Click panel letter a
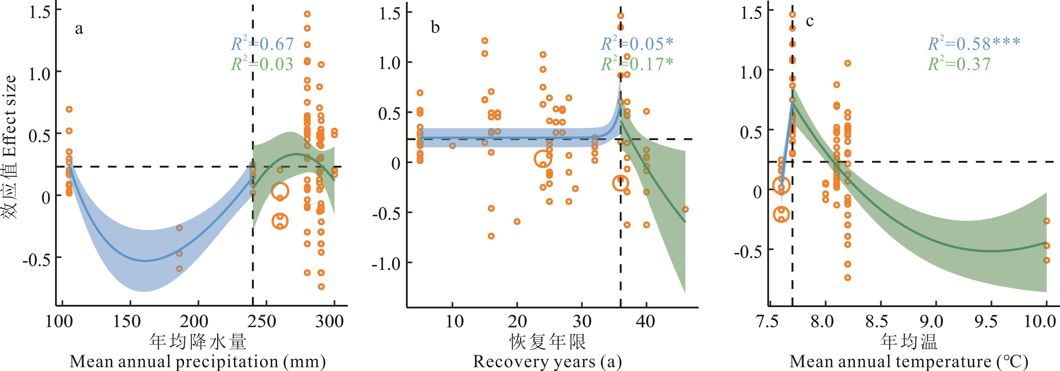tap(79, 29)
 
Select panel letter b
tap(435, 28)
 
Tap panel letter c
tap(809, 21)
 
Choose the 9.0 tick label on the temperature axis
tap(936, 322)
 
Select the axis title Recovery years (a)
tap(547, 362)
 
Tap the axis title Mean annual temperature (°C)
tap(909, 362)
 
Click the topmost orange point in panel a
tap(307, 14)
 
